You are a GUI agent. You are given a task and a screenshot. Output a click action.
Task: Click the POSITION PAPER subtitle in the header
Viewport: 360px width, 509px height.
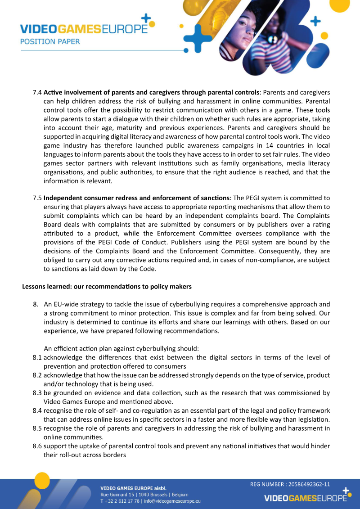[50, 41]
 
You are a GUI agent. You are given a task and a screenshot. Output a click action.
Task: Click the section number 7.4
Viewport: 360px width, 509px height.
[37, 92]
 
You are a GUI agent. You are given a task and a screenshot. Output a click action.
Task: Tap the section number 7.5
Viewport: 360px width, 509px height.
[37, 198]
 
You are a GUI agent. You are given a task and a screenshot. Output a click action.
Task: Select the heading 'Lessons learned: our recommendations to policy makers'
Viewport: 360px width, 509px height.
[107, 286]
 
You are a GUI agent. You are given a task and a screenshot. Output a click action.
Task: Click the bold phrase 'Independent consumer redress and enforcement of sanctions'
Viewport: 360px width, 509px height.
[137, 198]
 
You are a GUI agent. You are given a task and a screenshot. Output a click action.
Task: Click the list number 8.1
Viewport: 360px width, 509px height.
[37, 357]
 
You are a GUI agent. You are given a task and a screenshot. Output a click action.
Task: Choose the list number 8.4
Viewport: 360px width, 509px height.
[37, 410]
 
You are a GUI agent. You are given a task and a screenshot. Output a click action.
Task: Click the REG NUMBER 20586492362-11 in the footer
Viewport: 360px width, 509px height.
[290, 484]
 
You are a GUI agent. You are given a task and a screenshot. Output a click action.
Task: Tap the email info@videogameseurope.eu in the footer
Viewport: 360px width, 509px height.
[172, 500]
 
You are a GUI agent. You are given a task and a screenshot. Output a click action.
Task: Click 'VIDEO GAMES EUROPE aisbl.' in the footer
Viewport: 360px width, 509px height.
[133, 488]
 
